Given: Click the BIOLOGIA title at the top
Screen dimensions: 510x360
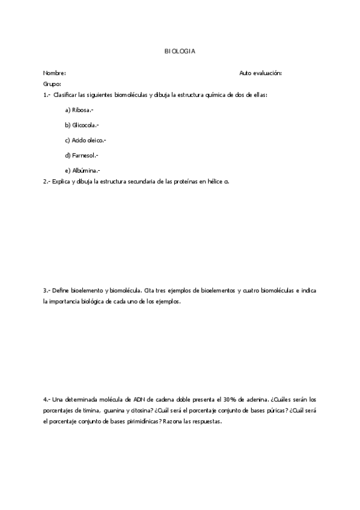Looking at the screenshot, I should (180, 52).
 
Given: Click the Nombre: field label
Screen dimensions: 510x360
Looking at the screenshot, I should (54, 73).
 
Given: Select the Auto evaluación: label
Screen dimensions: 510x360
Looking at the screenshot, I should (260, 73).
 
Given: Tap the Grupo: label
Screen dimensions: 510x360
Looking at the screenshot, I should (52, 84).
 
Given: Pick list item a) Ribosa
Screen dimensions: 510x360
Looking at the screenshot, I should (79, 109).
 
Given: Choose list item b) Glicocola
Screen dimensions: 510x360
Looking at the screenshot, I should (82, 124).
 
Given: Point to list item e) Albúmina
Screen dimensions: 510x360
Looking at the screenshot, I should (82, 170).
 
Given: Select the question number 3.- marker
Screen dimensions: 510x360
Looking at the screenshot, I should (47, 290).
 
